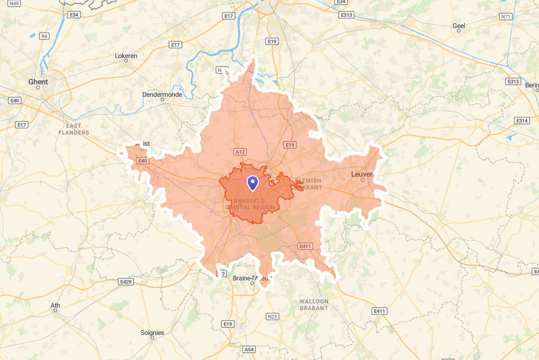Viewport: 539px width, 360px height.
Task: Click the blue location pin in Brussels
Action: pos(252,183)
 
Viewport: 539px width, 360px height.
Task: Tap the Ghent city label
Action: pos(38,82)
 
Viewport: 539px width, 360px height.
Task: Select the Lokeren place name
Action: pos(126,56)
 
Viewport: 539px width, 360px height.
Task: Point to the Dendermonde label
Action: pos(162,94)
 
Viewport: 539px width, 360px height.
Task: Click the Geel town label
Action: pos(459,26)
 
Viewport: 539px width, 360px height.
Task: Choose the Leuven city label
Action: pos(362,174)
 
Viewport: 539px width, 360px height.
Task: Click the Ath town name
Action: pos(55,306)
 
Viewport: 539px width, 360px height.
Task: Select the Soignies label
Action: pos(152,332)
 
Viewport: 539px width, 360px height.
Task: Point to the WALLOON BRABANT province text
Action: pos(314,304)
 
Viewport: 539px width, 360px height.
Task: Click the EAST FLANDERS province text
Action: pos(74,129)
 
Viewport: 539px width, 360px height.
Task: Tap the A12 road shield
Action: pos(240,152)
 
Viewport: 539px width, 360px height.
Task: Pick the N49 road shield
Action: pos(14,4)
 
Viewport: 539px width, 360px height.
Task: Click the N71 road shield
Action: pos(506,17)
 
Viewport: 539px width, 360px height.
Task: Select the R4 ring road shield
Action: pos(44,36)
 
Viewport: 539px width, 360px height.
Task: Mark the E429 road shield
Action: pos(125,282)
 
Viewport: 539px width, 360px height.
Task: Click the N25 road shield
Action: pos(273,317)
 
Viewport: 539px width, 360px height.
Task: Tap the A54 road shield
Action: pos(248,349)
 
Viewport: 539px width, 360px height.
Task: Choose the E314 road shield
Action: pos(522,121)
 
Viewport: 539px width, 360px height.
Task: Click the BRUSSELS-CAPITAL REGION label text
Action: pos(254,204)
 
